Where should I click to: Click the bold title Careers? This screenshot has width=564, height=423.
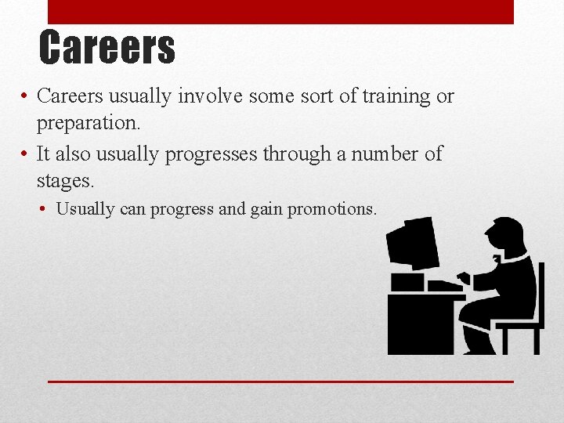[107, 47]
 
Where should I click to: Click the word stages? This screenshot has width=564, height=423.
[65, 182]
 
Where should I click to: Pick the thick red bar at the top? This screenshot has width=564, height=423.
[280, 12]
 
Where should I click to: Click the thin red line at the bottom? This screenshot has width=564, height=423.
[280, 381]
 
